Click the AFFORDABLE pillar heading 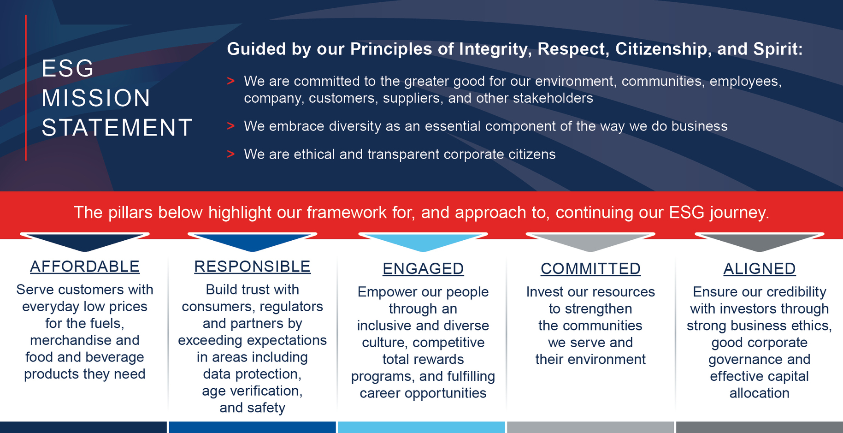pyautogui.click(x=84, y=267)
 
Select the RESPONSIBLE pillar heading pyautogui.click(x=252, y=267)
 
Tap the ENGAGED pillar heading pyautogui.click(x=423, y=268)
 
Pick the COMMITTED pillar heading pyautogui.click(x=590, y=268)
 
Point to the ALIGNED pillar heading pyautogui.click(x=759, y=268)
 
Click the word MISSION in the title pyautogui.click(x=96, y=98)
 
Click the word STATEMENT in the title pyautogui.click(x=117, y=128)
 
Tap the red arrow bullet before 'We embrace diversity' pyautogui.click(x=231, y=126)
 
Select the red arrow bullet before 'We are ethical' pyautogui.click(x=231, y=154)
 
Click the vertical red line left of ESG pyautogui.click(x=26, y=88)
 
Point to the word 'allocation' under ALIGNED pyautogui.click(x=759, y=393)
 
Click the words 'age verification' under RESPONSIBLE pyautogui.click(x=252, y=391)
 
